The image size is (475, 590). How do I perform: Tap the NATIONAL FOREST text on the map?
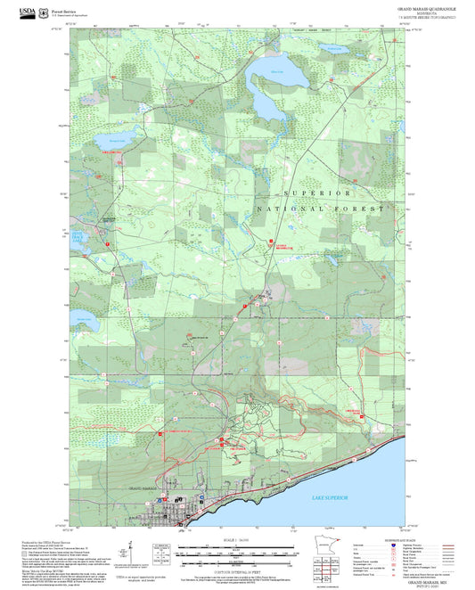coord(321,208)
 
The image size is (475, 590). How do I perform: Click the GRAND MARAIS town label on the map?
coord(143,488)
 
